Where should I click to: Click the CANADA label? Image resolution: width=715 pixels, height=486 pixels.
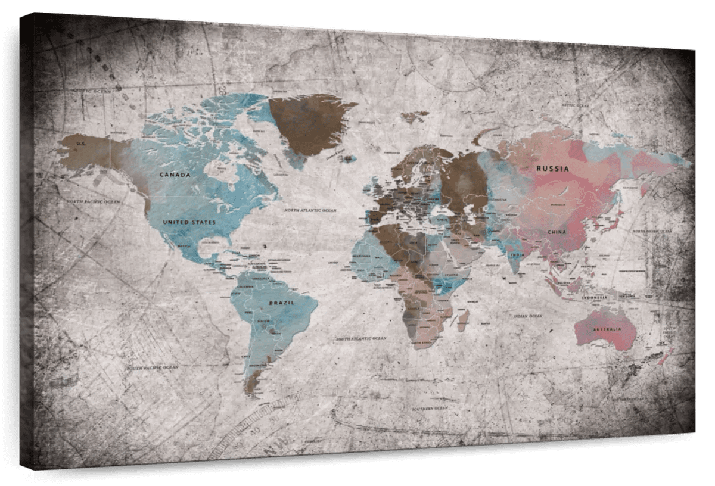[x=175, y=175]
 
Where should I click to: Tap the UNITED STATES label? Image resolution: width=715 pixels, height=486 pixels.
[x=189, y=222]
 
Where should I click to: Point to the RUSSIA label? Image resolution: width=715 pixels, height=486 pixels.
[x=552, y=169]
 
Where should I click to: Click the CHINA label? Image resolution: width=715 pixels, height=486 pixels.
[x=557, y=232]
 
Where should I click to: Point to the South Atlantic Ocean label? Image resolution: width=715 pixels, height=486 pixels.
[x=360, y=338]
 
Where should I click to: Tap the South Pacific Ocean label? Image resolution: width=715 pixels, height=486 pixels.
[x=152, y=367]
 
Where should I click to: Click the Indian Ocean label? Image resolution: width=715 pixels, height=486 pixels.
[x=528, y=316]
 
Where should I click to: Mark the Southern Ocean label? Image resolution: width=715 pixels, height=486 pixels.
[x=430, y=409]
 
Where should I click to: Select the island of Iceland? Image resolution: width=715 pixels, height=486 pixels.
[x=348, y=158]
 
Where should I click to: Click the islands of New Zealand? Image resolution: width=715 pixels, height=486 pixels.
[x=658, y=357]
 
